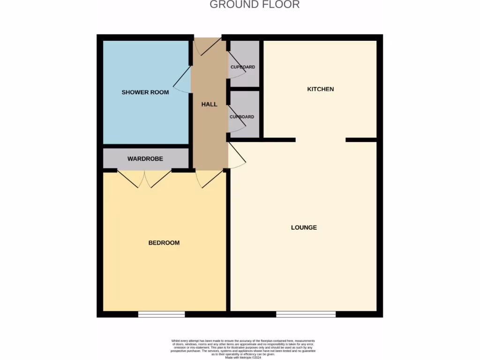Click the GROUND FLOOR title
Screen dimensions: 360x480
(254, 5)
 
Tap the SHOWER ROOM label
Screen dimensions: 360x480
(145, 92)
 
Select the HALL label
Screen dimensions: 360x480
(209, 104)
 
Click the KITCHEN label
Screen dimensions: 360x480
(320, 89)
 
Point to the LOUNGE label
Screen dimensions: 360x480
(304, 227)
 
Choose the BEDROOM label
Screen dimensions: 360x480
(164, 243)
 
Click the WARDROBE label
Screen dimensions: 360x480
(145, 159)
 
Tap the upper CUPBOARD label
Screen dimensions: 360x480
(243, 67)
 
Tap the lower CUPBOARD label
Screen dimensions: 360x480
(242, 117)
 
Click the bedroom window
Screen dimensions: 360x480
(161, 314)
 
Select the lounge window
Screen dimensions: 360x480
(306, 314)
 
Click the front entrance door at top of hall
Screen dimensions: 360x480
(207, 45)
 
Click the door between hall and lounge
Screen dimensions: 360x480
(237, 156)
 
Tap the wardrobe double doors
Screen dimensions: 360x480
(144, 179)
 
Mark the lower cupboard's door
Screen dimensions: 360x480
(236, 119)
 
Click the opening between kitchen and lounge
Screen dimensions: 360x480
(321, 140)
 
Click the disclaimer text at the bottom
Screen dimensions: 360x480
(243, 349)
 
